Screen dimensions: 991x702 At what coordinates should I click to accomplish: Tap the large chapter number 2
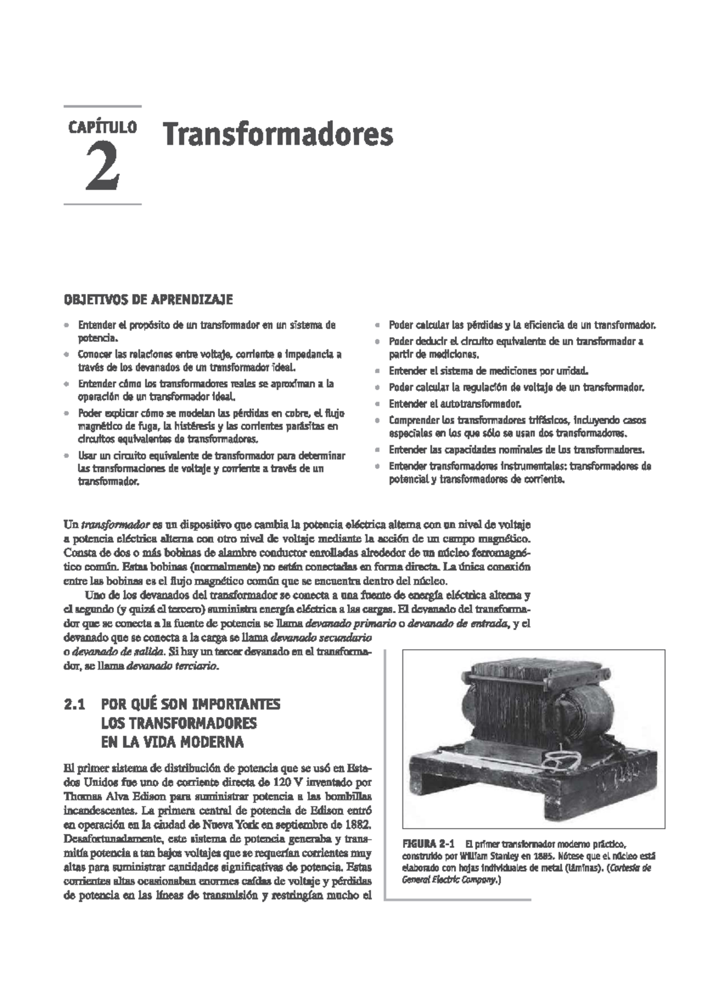(104, 168)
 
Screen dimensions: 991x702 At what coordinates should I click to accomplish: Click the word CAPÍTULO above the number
(102, 127)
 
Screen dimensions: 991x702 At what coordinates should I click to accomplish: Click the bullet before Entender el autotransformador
(378, 404)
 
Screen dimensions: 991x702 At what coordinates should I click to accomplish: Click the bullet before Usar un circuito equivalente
(67, 456)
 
